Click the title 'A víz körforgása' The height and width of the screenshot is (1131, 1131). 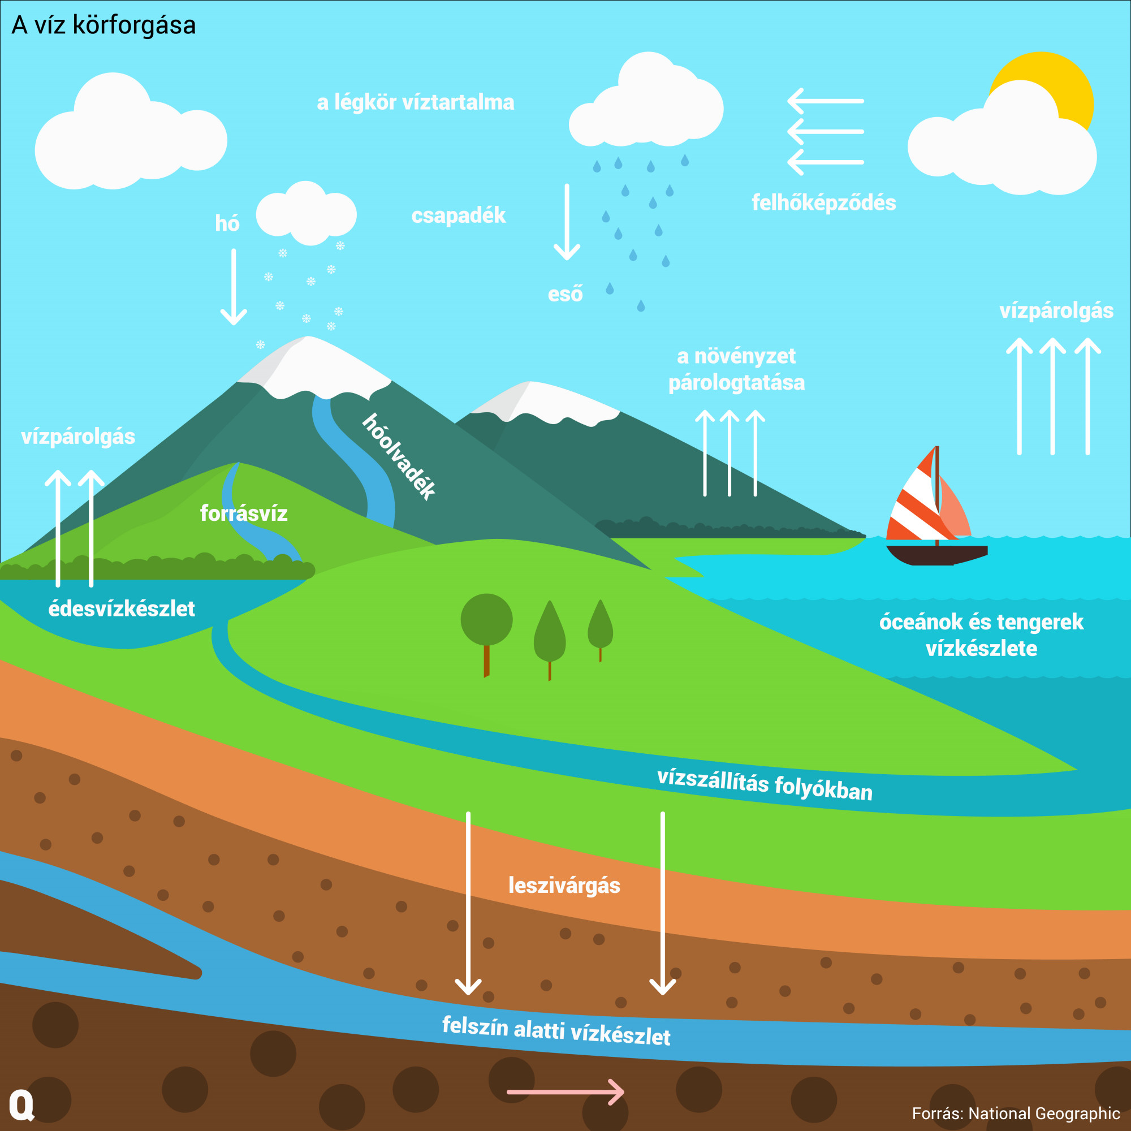[x=103, y=25]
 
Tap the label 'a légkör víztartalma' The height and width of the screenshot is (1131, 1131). [x=416, y=102]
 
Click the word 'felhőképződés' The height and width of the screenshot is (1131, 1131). [x=824, y=203]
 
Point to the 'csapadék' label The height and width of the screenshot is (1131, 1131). [x=459, y=215]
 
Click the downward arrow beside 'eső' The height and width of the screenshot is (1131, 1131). [x=567, y=222]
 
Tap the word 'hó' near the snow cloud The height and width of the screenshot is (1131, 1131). [x=227, y=223]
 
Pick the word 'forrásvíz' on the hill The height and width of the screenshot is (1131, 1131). [x=244, y=513]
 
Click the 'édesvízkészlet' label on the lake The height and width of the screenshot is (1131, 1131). [x=121, y=609]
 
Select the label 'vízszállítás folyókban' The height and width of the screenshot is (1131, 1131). [x=765, y=785]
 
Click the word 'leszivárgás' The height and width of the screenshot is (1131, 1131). [x=564, y=885]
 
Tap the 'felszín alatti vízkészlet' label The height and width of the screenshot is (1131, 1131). [x=556, y=1031]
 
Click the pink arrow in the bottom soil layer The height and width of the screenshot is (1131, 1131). [x=565, y=1092]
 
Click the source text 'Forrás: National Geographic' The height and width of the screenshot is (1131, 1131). [x=1016, y=1113]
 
